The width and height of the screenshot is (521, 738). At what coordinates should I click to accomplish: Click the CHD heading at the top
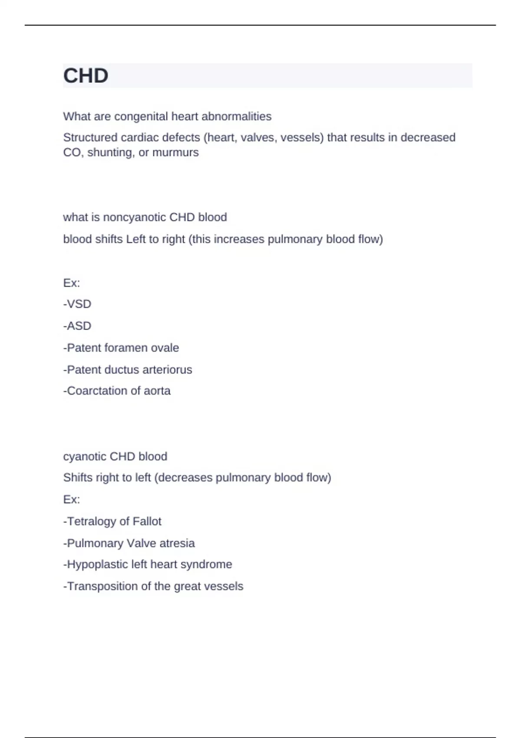[86, 76]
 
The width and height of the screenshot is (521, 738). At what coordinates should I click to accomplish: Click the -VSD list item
[77, 304]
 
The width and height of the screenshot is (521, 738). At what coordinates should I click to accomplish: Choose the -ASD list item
[77, 326]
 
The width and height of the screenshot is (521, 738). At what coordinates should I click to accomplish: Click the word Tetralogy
[91, 521]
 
